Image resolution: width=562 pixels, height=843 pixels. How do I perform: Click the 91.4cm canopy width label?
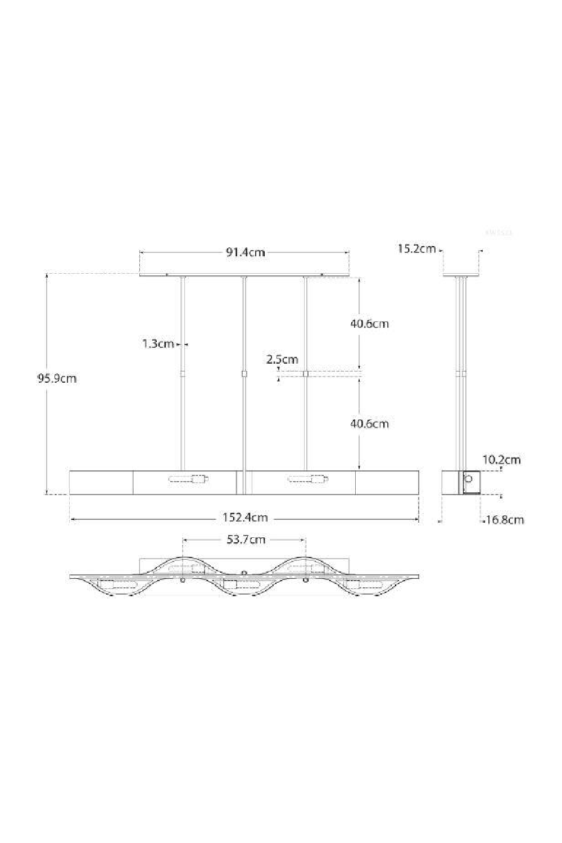coord(245,252)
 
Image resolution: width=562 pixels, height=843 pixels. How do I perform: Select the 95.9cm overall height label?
coord(57,378)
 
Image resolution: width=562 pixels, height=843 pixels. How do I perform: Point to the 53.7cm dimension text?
coord(246,540)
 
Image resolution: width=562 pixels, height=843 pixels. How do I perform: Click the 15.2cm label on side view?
coord(416,248)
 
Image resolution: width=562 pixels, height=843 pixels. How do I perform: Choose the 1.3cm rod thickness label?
coord(158,343)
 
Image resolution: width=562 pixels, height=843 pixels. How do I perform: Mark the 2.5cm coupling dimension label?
coord(282,359)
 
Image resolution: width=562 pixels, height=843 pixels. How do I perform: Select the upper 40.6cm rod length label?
coord(369,324)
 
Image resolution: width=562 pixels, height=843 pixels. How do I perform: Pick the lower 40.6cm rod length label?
coord(369,424)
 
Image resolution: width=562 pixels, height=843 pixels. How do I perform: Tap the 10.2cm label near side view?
coord(501,460)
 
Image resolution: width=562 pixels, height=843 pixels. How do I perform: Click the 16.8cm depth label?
coord(505,520)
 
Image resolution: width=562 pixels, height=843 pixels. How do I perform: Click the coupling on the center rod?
coord(244,373)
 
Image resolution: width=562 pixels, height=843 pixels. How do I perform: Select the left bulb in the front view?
coord(189,479)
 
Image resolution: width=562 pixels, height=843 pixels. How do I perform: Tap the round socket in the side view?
coord(469,482)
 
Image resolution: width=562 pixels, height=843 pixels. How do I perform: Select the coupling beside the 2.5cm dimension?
coord(306,373)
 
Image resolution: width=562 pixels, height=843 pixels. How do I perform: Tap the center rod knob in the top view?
coord(244,573)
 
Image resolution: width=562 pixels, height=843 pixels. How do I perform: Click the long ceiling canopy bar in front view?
coord(245,274)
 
